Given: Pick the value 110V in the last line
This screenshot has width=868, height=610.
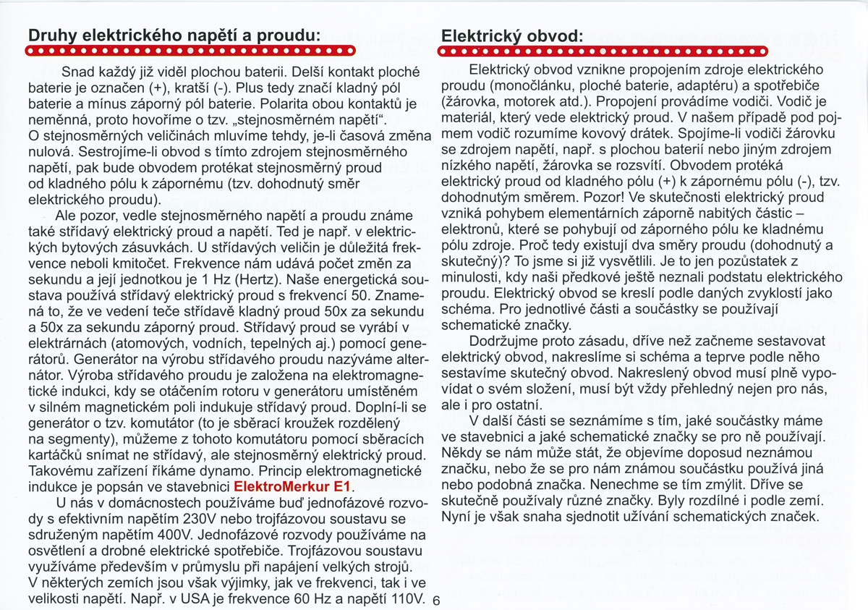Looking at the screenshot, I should click(400, 599).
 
